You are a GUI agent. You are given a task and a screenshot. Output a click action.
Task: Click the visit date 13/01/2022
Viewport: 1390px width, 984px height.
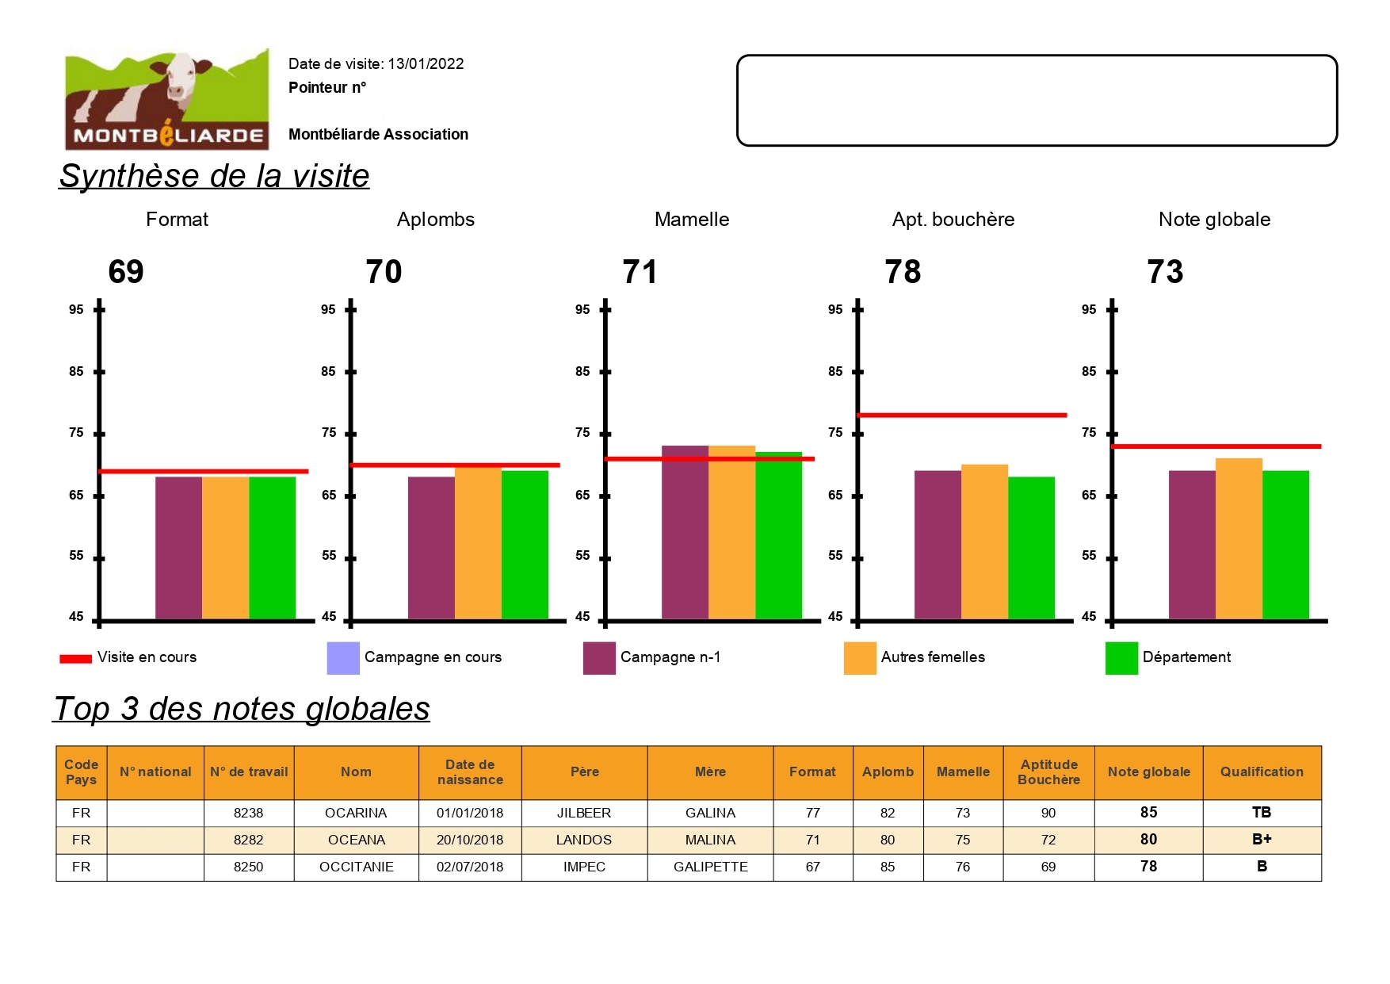426,64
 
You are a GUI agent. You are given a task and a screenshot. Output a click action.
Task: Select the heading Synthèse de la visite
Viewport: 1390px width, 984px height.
214,176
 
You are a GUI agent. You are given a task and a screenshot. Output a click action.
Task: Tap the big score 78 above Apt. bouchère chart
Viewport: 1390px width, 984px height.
903,272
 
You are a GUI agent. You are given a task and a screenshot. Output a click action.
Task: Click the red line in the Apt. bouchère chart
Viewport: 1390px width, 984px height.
962,415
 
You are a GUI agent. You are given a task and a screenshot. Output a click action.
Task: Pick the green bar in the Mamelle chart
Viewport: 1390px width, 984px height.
778,535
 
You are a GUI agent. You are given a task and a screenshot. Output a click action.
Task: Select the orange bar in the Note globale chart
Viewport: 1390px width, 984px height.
1239,538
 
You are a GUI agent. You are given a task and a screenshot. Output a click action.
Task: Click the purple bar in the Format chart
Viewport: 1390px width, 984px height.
178,547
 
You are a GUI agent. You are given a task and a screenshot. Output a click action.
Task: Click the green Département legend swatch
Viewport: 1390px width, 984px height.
1121,658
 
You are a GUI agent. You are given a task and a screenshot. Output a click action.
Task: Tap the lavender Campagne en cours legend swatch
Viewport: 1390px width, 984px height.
343,658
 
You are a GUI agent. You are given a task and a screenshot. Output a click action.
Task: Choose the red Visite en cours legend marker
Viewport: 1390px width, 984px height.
76,658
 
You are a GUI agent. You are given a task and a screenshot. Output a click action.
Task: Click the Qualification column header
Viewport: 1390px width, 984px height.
1262,772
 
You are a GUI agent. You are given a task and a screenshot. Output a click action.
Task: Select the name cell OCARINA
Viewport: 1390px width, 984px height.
356,813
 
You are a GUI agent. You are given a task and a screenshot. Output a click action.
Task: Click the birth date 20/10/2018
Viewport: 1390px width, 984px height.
470,840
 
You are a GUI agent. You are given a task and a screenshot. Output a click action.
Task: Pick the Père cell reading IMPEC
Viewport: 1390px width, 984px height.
584,867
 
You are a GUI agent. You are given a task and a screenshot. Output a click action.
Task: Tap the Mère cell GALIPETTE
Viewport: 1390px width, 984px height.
710,867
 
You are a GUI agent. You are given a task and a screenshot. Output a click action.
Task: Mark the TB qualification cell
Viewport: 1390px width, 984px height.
1262,813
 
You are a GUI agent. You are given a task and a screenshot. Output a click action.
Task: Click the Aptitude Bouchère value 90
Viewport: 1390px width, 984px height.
1048,813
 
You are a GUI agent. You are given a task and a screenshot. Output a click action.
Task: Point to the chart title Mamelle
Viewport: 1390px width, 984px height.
692,220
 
